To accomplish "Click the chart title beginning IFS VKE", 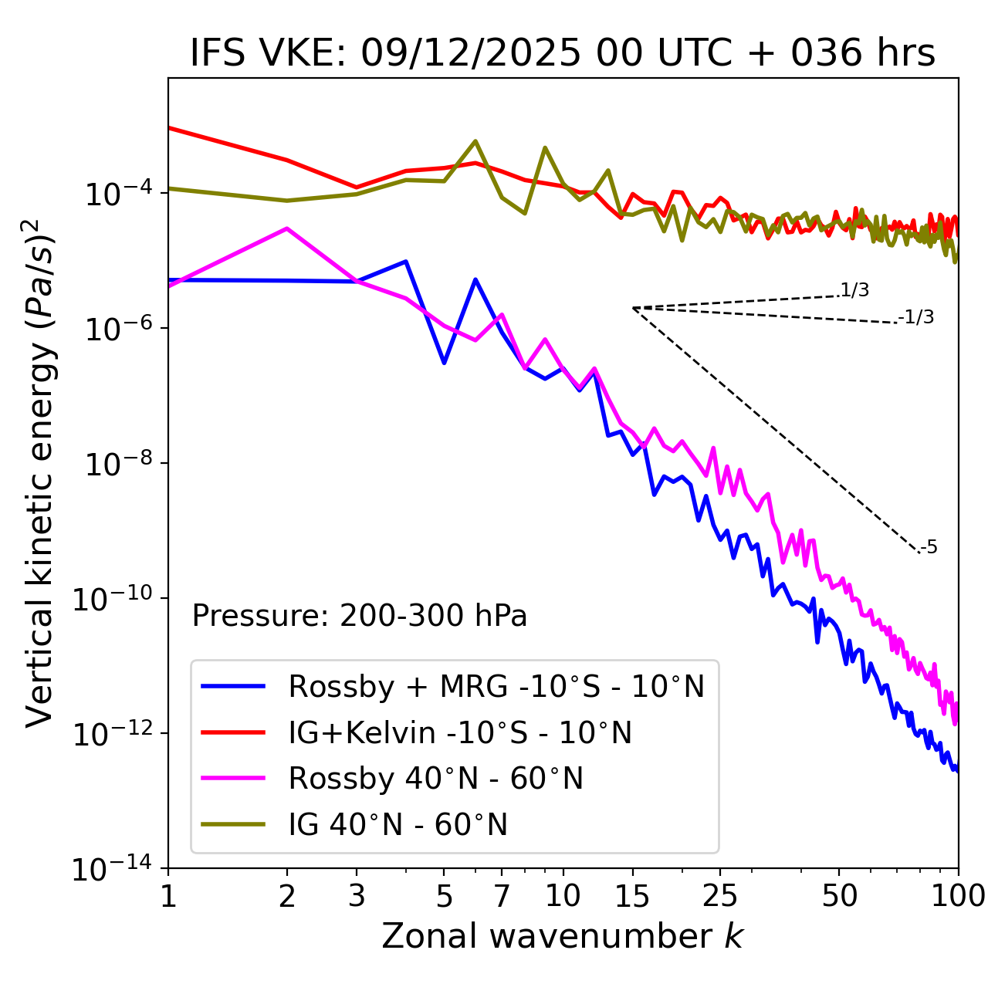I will [563, 53].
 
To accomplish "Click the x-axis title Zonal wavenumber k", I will [562, 936].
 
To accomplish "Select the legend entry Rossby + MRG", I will [496, 686].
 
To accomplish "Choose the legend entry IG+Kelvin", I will [459, 732].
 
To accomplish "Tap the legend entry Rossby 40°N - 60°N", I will [435, 779].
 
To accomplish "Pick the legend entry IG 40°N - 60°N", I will [398, 825].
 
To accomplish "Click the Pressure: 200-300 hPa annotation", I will [360, 616].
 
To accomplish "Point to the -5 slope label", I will [929, 548].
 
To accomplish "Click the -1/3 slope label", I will [916, 317].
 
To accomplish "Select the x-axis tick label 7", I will [502, 896].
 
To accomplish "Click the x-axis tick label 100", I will [958, 896].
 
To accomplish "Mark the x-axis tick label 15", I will [632, 896].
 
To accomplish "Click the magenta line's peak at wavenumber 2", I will [287, 228].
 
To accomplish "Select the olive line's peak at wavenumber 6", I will [475, 140].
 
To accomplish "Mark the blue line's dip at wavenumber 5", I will [444, 363].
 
